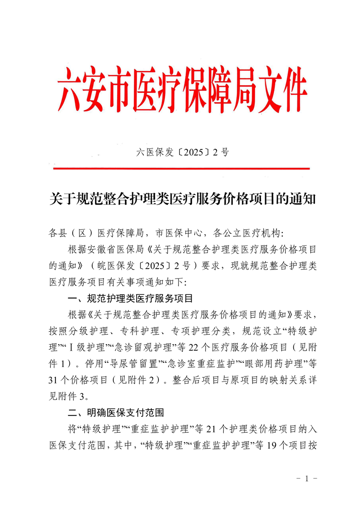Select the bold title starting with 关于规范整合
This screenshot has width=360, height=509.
(182, 200)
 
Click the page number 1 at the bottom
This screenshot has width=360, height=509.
(306, 479)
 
